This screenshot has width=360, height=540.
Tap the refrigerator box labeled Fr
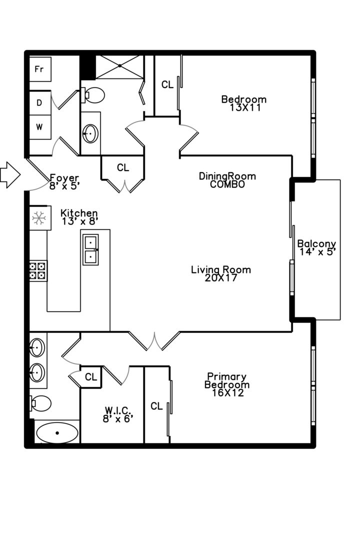pos(40,69)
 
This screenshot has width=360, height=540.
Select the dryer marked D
pos(40,102)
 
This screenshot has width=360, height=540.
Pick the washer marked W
pos(40,127)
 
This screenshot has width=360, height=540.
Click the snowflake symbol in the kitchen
pos(39,217)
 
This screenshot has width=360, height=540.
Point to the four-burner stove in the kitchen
pos(38,270)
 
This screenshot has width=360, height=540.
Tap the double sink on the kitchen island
pos(90,249)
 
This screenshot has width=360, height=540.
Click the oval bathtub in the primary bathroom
pos(57,433)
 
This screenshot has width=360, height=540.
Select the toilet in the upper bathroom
pos(92,95)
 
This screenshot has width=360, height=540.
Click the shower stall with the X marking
pos(119,66)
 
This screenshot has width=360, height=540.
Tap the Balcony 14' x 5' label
pos(316,247)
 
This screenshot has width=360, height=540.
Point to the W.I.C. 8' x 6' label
pos(118,414)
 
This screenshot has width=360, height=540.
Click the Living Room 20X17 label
pos(221,273)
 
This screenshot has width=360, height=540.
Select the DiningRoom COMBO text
pos(227,180)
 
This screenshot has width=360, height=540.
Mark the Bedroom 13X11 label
pos(244,103)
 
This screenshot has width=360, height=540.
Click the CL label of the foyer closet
pos(123,167)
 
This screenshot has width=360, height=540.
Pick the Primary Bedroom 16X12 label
pos(227,384)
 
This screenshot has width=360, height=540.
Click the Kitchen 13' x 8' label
pos(79,217)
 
